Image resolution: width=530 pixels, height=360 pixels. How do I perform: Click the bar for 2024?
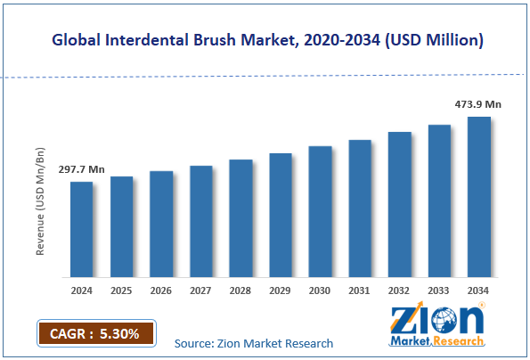[x=81, y=229]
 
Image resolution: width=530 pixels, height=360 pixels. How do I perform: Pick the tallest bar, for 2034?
[x=479, y=196]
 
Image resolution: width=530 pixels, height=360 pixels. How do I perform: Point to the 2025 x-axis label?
[x=121, y=290]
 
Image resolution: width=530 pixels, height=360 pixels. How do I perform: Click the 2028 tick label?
[x=241, y=290]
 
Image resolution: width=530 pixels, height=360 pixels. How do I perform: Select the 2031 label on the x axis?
[x=360, y=290]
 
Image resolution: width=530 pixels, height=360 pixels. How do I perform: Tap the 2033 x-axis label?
[x=439, y=290]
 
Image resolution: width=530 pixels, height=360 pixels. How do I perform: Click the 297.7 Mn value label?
[x=81, y=168]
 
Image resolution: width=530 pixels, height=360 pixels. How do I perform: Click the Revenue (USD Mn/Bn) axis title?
[x=41, y=203]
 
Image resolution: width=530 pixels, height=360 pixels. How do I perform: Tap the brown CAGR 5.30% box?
[x=95, y=333]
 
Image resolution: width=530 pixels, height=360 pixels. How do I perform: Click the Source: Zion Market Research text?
[x=254, y=343]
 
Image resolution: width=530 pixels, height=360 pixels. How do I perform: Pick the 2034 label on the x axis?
[x=479, y=290]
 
